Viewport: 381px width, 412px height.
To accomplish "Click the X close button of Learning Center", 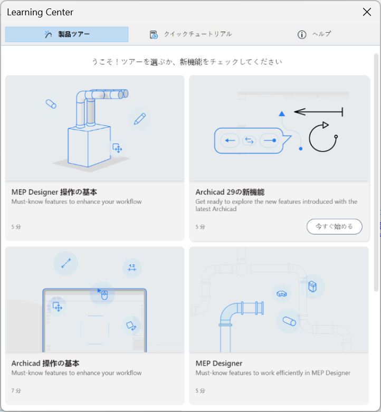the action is [x=367, y=12].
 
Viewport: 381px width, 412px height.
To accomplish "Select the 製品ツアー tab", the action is [x=66, y=34].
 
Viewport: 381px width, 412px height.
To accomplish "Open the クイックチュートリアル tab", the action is [x=190, y=34].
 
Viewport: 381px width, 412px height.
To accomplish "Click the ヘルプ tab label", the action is [x=321, y=34].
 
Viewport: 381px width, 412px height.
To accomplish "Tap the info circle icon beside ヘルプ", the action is [x=302, y=34].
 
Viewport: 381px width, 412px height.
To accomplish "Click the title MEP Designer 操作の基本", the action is [x=54, y=192].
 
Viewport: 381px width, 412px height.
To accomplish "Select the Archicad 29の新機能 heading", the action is [x=230, y=192].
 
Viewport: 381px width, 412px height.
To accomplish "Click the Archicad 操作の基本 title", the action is [x=45, y=363].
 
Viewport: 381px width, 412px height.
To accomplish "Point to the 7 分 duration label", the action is [x=16, y=391].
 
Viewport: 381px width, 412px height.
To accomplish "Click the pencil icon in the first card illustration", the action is [x=139, y=119].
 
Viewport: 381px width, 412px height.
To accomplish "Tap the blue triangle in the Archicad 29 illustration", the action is [x=282, y=113].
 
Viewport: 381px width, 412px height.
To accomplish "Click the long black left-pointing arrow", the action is [x=318, y=112].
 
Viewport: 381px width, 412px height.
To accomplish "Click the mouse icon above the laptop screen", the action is [x=104, y=295].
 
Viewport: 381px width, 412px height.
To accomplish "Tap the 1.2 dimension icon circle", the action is [x=132, y=268].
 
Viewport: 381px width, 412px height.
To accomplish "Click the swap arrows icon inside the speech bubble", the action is [x=249, y=140].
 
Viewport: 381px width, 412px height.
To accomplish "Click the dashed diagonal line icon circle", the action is [x=65, y=263].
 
